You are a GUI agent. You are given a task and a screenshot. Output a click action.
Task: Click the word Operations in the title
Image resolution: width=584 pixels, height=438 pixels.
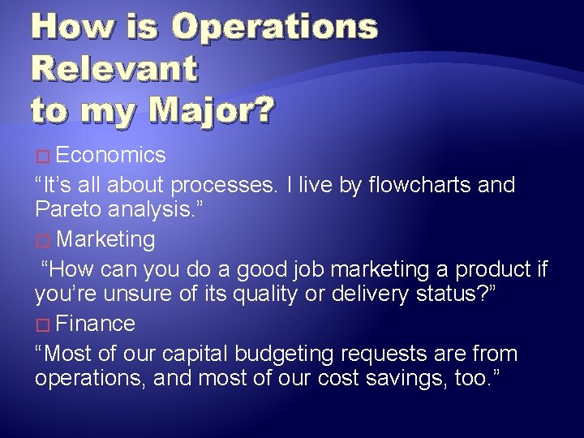pyautogui.click(x=276, y=28)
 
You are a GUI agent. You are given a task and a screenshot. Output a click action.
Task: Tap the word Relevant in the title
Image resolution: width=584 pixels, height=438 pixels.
pyautogui.click(x=114, y=68)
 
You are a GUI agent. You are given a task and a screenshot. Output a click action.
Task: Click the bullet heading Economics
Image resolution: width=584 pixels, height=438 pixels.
pyautogui.click(x=112, y=155)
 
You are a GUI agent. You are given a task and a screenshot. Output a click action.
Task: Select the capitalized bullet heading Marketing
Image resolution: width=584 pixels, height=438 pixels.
pyautogui.click(x=106, y=239)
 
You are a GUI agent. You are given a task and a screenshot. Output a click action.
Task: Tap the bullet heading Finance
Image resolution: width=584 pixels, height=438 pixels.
pyautogui.click(x=97, y=324)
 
